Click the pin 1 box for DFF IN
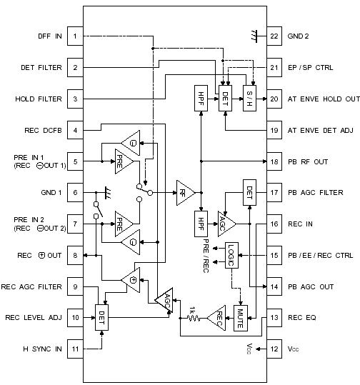[76, 36]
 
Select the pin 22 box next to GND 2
[274, 36]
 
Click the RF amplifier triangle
[184, 191]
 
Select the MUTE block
[241, 315]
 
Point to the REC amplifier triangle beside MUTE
[215, 316]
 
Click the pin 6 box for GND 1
[76, 193]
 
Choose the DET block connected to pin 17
[249, 192]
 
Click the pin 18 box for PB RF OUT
[274, 161]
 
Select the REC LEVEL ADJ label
[35, 317]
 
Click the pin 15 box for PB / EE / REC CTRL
[274, 255]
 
